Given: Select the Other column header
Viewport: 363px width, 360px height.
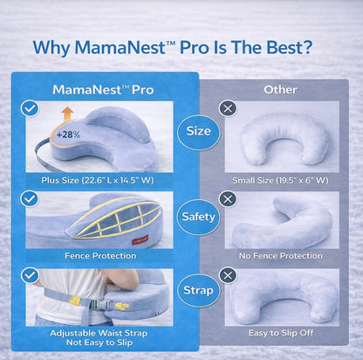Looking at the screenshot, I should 280,89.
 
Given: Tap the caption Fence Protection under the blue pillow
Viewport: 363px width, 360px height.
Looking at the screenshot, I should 99,256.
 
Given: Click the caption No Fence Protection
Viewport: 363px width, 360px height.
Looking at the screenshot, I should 280,256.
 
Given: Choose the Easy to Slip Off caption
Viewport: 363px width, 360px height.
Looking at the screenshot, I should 280,333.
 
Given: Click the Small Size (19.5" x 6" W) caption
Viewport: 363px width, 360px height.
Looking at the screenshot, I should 280,180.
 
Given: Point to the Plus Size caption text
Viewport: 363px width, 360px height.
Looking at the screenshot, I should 99,180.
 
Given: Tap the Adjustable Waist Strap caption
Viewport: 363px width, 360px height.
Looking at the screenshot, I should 99,332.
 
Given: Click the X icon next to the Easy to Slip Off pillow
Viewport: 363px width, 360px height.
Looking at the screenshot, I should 229,274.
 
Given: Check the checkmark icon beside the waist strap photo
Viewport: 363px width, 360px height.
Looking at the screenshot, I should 30,274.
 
